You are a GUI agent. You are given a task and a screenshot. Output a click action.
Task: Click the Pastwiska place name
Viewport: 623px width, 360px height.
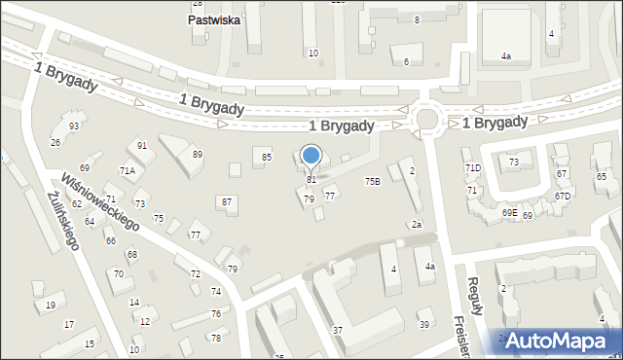(x=213, y=18)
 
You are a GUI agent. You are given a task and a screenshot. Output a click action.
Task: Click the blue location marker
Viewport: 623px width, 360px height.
(x=311, y=156)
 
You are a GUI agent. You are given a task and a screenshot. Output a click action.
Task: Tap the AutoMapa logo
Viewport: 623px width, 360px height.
(x=563, y=341)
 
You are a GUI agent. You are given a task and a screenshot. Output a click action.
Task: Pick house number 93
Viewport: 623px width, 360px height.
(x=74, y=126)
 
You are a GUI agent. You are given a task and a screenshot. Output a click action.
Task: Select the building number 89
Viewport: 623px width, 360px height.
(x=197, y=155)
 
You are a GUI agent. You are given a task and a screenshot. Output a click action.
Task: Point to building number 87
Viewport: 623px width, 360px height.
(x=227, y=201)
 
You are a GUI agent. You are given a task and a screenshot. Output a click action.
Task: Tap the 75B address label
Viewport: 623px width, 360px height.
(x=372, y=182)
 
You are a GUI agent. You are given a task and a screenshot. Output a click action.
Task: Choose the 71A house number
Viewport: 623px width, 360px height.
(x=127, y=170)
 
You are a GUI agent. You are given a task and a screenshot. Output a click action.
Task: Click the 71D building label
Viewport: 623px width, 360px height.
(x=473, y=168)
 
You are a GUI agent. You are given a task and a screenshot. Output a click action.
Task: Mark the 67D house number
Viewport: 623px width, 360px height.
(x=563, y=197)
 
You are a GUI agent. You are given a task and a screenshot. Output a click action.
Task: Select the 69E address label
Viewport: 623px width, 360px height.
(x=509, y=212)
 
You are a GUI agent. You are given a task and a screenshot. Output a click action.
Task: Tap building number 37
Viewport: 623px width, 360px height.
(x=338, y=331)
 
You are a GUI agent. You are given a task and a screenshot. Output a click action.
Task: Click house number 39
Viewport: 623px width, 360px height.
(x=423, y=324)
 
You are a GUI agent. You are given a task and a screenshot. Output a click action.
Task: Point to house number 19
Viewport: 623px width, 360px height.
(x=50, y=306)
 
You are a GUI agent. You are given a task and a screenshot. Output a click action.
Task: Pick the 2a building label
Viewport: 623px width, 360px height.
(x=417, y=225)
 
